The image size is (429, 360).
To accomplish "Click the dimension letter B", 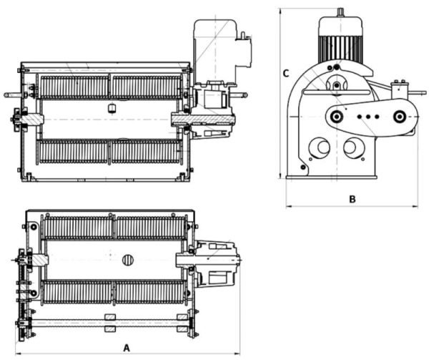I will (352, 198).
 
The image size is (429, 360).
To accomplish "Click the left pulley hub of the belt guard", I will (335, 115).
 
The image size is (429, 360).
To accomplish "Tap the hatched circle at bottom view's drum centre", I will (129, 260).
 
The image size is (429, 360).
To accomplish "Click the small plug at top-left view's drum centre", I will (110, 108).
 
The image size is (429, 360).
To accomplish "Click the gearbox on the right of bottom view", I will (217, 261).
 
